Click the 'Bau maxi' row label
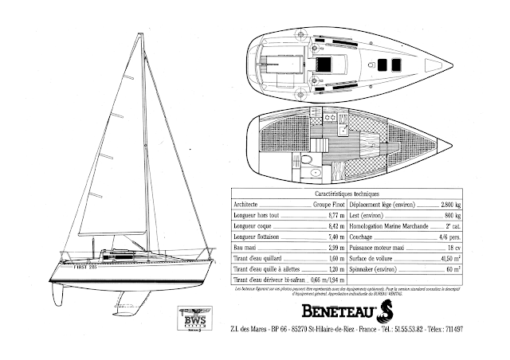244,249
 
